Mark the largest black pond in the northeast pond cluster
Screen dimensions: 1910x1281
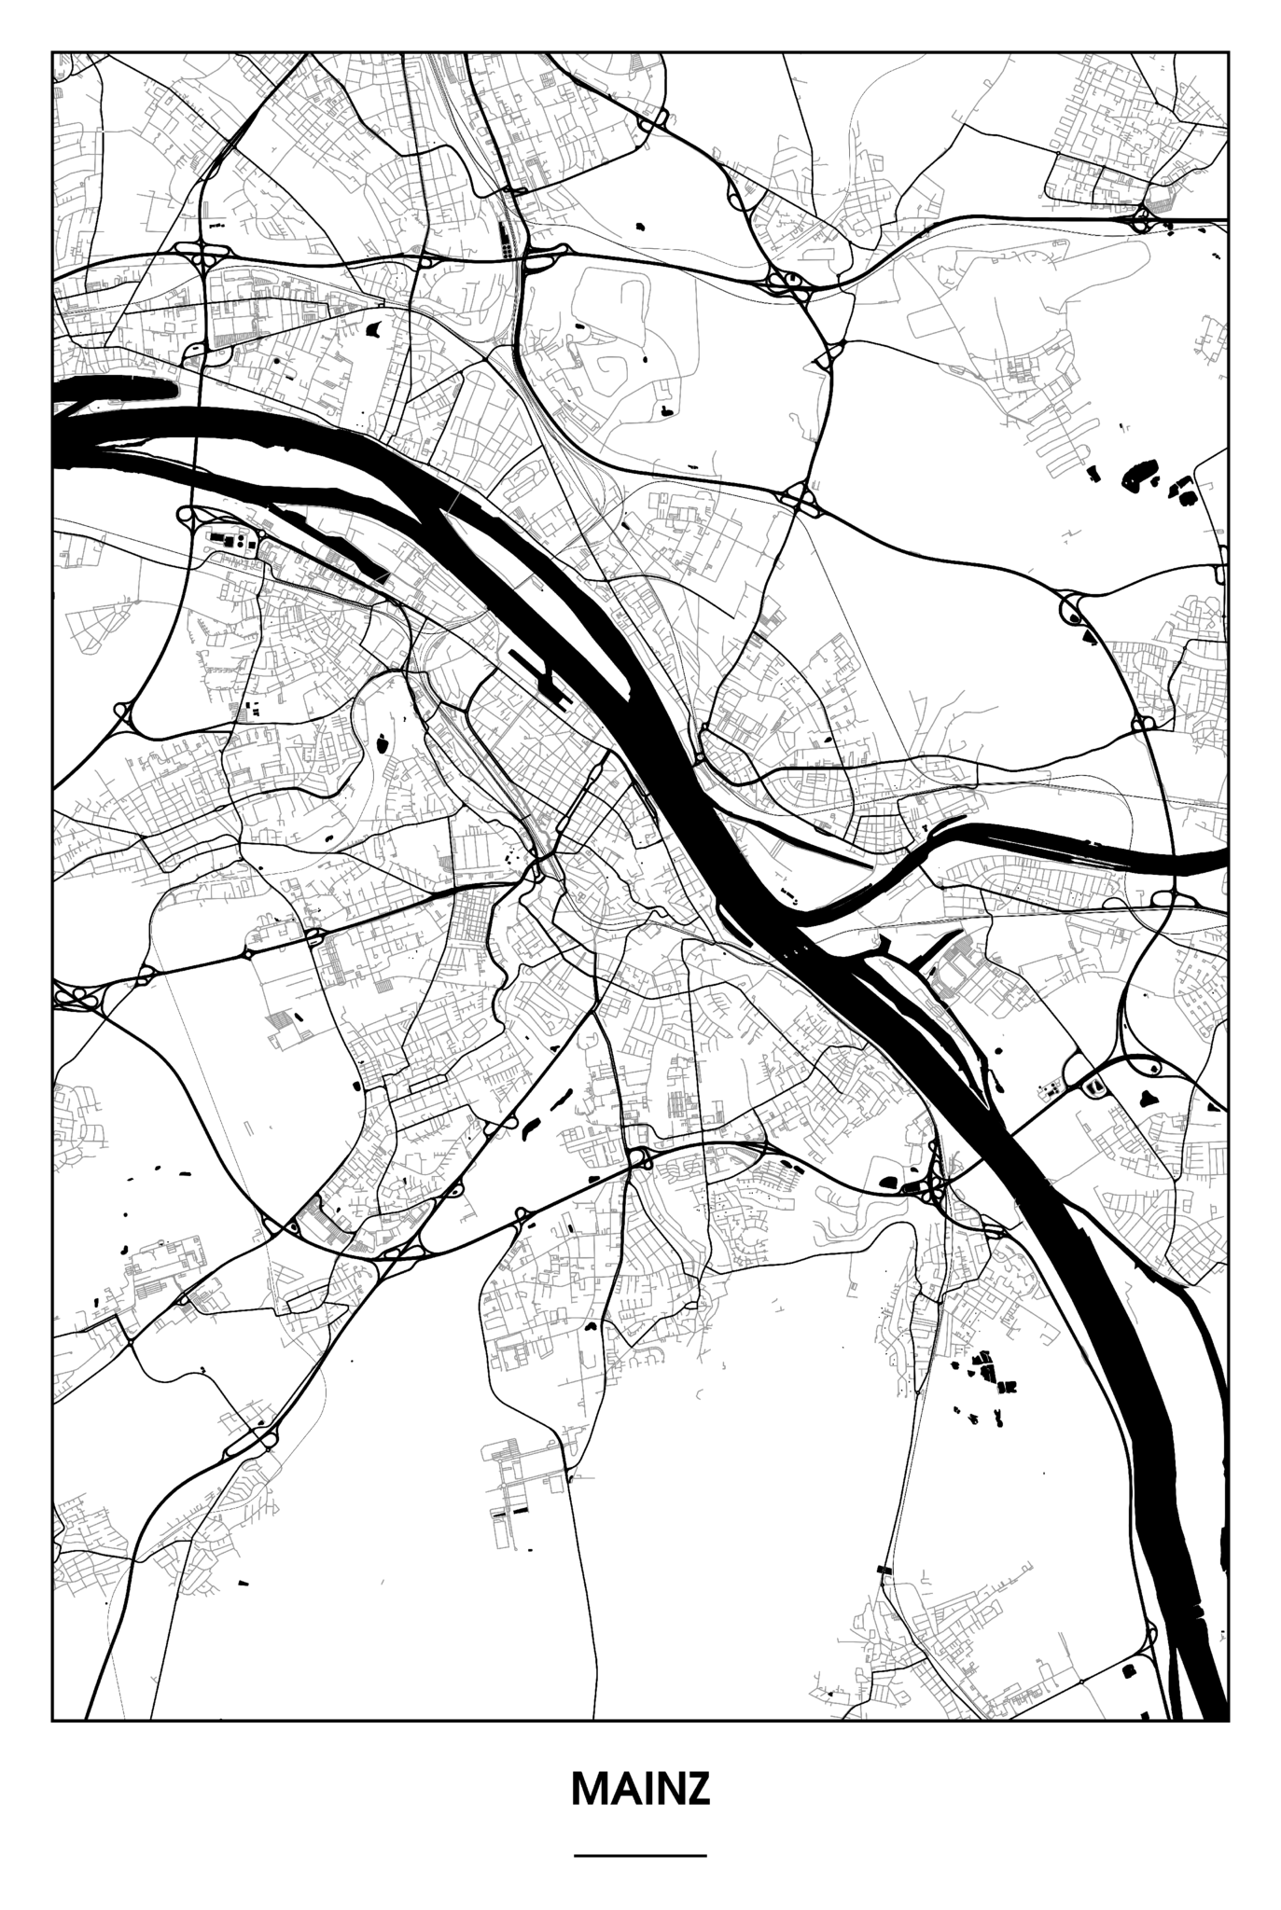pos(1138,475)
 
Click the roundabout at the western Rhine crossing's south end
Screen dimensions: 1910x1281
pos(184,514)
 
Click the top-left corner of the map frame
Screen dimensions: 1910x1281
pos(52,52)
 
